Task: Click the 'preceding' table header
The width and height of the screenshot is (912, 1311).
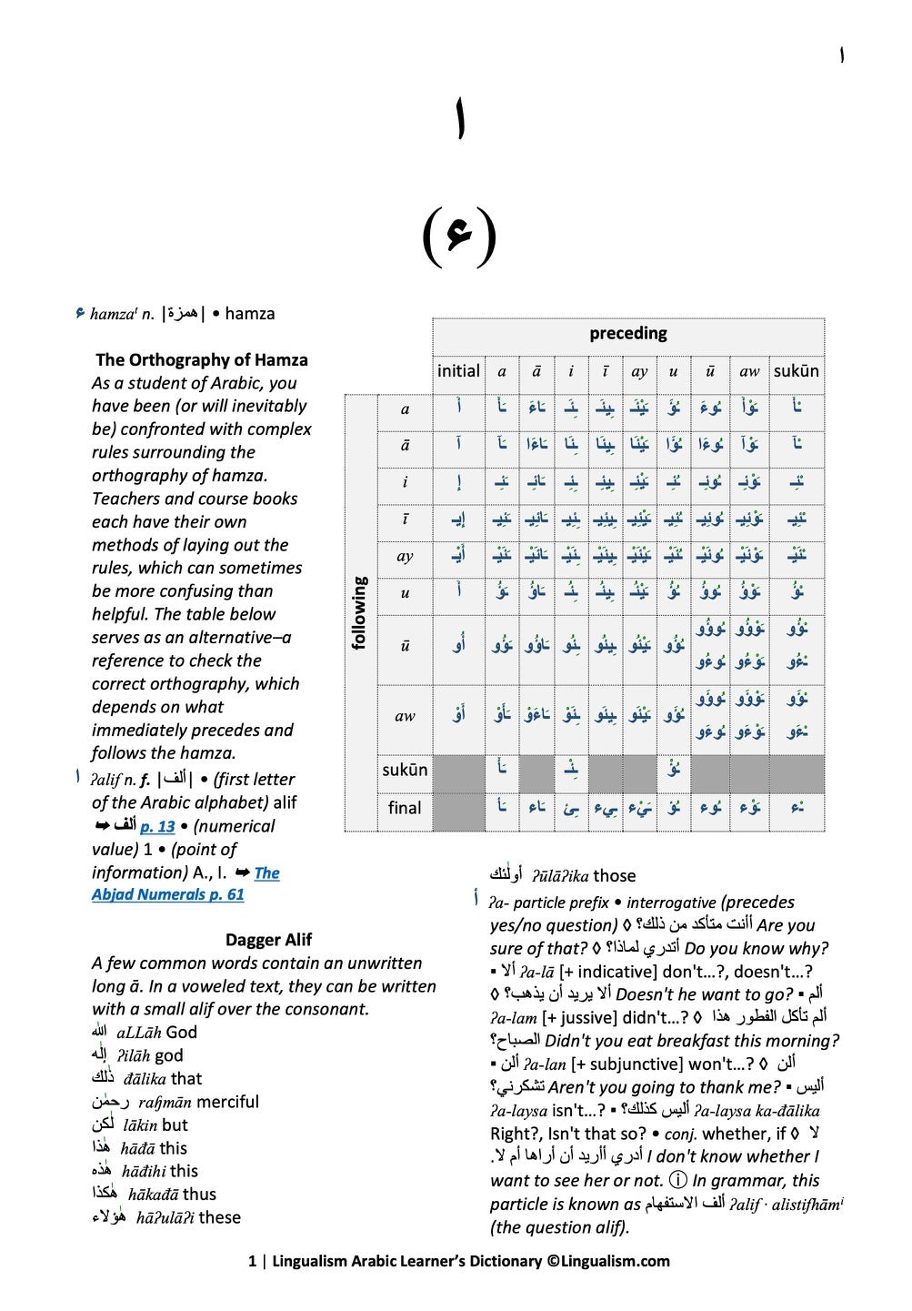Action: (627, 333)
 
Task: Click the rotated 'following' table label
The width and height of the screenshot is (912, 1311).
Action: (360, 612)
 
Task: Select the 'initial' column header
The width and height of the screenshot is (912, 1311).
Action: (458, 370)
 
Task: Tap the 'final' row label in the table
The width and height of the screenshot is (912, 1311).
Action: (405, 808)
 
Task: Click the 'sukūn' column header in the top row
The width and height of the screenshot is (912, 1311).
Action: (796, 370)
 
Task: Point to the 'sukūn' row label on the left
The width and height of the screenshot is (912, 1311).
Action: (405, 770)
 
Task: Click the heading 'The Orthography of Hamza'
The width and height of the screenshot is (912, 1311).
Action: (202, 359)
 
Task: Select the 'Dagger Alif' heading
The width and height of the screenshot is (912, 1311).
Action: (268, 940)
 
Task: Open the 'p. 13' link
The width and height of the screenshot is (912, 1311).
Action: (157, 826)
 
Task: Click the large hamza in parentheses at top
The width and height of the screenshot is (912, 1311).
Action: (459, 235)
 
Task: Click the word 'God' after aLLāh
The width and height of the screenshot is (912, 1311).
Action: (181, 1033)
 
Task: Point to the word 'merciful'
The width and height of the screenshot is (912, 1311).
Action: (227, 1102)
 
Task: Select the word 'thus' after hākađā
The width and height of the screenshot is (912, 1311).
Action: (199, 1195)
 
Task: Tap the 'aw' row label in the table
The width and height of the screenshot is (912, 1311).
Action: (405, 716)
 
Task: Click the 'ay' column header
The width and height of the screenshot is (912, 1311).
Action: (639, 371)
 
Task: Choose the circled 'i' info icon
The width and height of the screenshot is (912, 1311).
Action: (677, 1181)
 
